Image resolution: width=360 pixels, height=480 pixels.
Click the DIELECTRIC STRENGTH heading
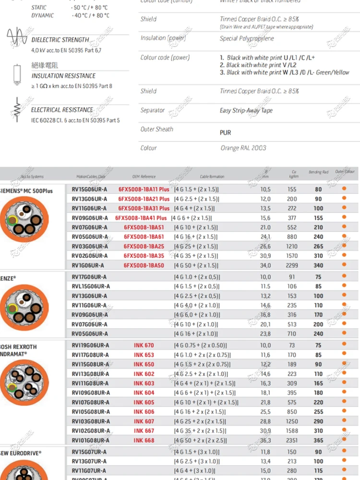pos(60,40)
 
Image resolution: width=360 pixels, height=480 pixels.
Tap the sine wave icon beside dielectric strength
pos(17,37)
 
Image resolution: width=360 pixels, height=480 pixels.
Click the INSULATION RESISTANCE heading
pos(63,76)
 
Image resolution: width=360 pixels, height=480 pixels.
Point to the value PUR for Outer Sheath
pos(225,132)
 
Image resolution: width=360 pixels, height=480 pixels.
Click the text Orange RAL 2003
pos(243,148)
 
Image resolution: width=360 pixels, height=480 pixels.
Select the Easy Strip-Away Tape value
pos(246,110)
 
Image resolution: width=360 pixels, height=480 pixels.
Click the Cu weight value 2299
pos(292,265)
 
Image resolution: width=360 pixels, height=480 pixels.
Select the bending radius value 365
pos(318,440)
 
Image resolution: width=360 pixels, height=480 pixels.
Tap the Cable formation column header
pos(212,177)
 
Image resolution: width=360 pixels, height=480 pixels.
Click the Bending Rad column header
pos(318,172)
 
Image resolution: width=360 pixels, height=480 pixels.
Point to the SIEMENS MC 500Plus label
pos(26,191)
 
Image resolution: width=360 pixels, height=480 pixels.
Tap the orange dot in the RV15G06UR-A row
pos(344,189)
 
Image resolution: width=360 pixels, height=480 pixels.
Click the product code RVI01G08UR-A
pos(90,440)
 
